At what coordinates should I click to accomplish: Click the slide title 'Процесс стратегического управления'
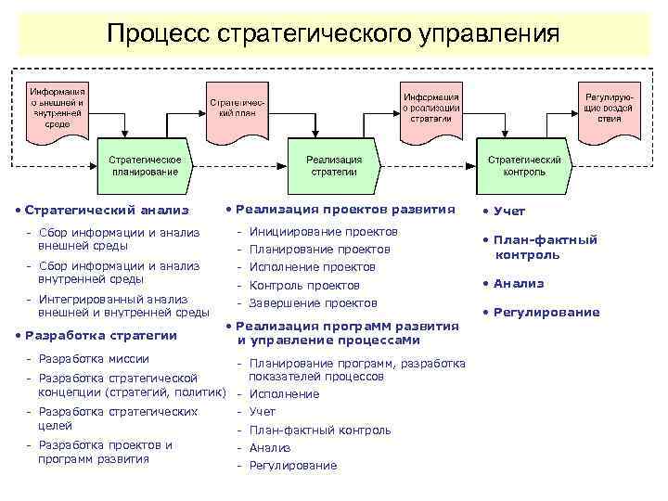333,34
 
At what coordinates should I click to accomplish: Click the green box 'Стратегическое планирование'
145,165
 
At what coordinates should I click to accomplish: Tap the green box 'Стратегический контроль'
524,165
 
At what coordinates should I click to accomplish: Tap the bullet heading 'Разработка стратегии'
101,335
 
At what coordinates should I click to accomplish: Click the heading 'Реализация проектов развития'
345,209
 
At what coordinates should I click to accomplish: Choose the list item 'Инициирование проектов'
323,231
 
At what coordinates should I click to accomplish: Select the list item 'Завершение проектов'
313,302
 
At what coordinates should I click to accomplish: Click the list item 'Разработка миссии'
93,358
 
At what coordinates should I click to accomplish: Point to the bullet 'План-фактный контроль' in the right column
545,247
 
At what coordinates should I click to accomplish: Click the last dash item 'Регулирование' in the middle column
293,465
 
